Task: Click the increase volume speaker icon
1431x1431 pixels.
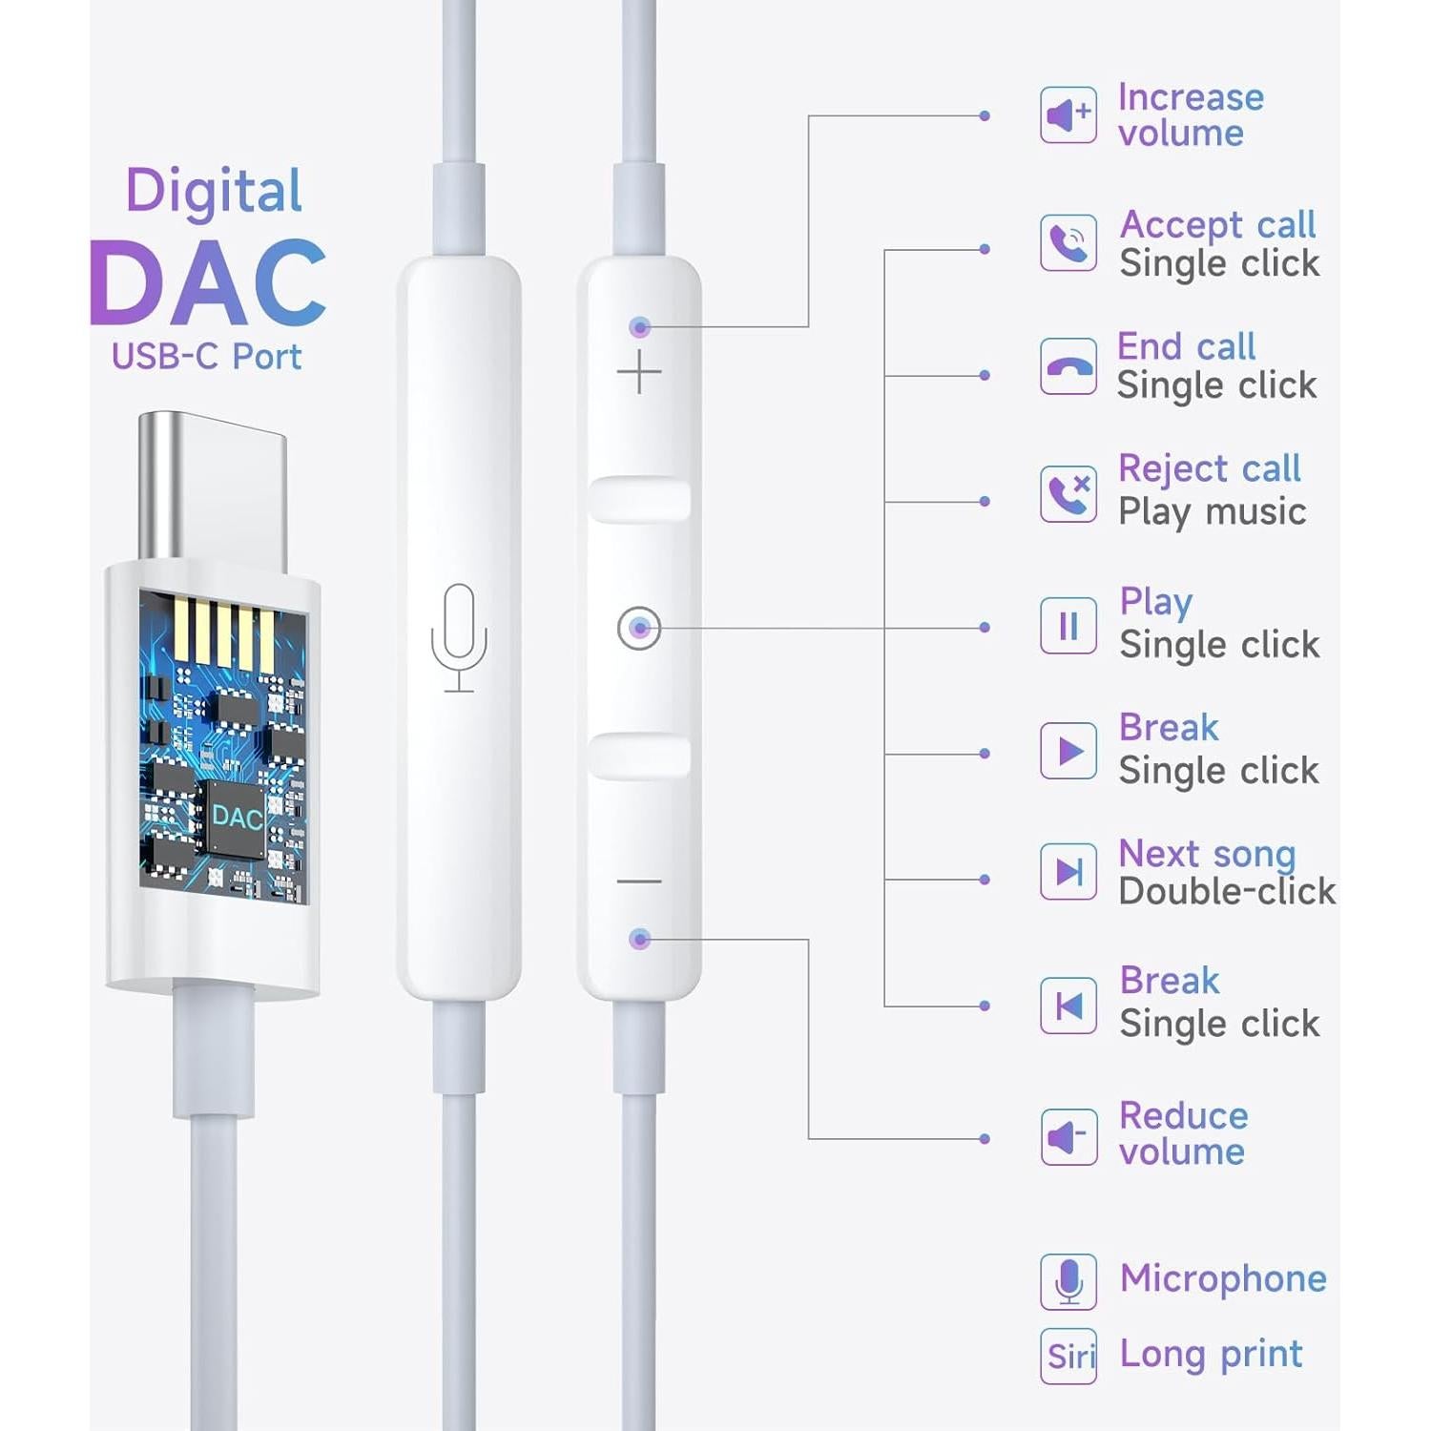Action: click(x=1068, y=115)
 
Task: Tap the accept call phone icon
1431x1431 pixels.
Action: click(x=1068, y=242)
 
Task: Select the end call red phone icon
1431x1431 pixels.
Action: click(x=1068, y=367)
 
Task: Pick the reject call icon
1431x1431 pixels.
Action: click(x=1068, y=493)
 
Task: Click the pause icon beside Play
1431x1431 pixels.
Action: click(x=1068, y=626)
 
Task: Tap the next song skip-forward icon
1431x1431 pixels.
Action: click(x=1068, y=871)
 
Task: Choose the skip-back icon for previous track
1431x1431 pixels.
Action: click(x=1068, y=1006)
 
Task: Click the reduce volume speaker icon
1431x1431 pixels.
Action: click(x=1068, y=1136)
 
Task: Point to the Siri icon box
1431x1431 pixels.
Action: click(x=1068, y=1356)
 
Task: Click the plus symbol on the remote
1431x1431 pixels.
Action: click(x=639, y=371)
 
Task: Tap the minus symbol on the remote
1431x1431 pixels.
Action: click(x=639, y=881)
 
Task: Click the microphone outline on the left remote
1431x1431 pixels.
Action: click(x=459, y=636)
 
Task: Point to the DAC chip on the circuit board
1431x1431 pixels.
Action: click(x=235, y=818)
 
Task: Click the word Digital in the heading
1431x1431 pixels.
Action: click(x=214, y=191)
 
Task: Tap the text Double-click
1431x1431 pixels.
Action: click(x=1227, y=891)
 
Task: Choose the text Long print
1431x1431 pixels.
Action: click(x=1211, y=1354)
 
